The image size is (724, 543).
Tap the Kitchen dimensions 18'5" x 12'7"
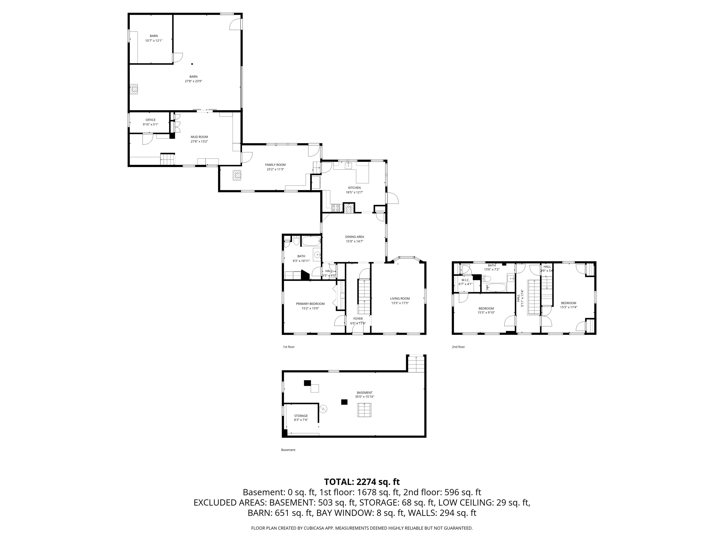[354, 193]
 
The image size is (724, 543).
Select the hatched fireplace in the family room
[237, 175]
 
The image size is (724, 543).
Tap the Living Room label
[400, 299]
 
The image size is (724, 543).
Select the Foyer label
[358, 318]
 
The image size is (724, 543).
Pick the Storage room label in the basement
[300, 416]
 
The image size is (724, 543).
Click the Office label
[151, 120]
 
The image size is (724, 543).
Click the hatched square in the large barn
[134, 89]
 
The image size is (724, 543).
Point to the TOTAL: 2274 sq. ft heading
[362, 482]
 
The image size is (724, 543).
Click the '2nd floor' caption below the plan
[458, 347]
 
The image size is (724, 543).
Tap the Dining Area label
[354, 237]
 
